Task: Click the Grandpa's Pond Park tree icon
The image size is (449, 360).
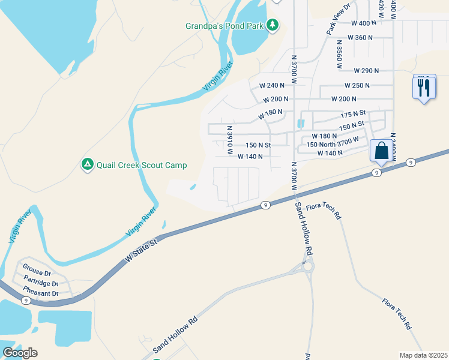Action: coord(273,25)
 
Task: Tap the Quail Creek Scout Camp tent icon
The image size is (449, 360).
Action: coord(87,164)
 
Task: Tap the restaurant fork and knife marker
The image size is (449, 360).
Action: coord(424,88)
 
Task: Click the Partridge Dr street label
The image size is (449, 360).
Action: coord(41,280)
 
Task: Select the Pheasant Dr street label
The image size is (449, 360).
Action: coord(40,293)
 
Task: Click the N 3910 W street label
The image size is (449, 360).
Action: coord(229,139)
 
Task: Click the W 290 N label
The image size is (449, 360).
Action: coord(366,70)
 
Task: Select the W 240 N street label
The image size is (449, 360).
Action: coord(271,85)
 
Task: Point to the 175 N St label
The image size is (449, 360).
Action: coord(353,113)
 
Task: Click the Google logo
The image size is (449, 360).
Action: coord(20,353)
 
